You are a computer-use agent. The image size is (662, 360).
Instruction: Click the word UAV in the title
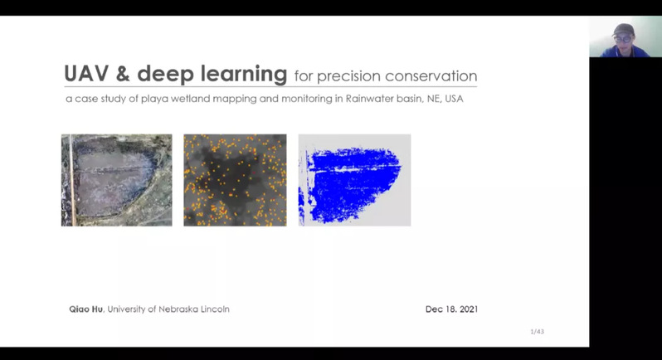[x=86, y=74]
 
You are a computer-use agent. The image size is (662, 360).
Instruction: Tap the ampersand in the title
[x=123, y=74]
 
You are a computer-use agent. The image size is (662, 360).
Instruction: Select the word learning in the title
[x=244, y=75]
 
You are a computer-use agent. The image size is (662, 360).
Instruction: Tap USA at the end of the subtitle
[x=454, y=99]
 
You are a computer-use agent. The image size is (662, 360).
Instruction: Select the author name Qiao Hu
[x=85, y=309]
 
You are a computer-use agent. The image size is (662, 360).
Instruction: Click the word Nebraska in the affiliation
[x=178, y=309]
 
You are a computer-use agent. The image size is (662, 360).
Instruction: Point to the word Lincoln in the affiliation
[x=215, y=309]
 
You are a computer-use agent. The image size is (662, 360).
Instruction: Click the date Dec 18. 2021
[x=451, y=309]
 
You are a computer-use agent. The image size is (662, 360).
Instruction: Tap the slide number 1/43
[x=537, y=332]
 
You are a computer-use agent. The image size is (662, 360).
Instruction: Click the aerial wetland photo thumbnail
[x=116, y=180]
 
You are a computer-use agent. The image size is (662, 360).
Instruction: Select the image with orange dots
[x=235, y=180]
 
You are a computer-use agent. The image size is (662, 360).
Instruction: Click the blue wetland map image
[x=355, y=180]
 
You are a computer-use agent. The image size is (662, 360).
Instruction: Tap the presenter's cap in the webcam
[x=624, y=30]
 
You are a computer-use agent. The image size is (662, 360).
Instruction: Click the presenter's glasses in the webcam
[x=623, y=40]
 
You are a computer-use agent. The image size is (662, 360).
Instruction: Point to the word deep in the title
[x=165, y=75]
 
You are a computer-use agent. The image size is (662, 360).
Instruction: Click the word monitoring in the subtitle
[x=307, y=99]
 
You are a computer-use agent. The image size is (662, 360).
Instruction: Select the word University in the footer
[x=126, y=309]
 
